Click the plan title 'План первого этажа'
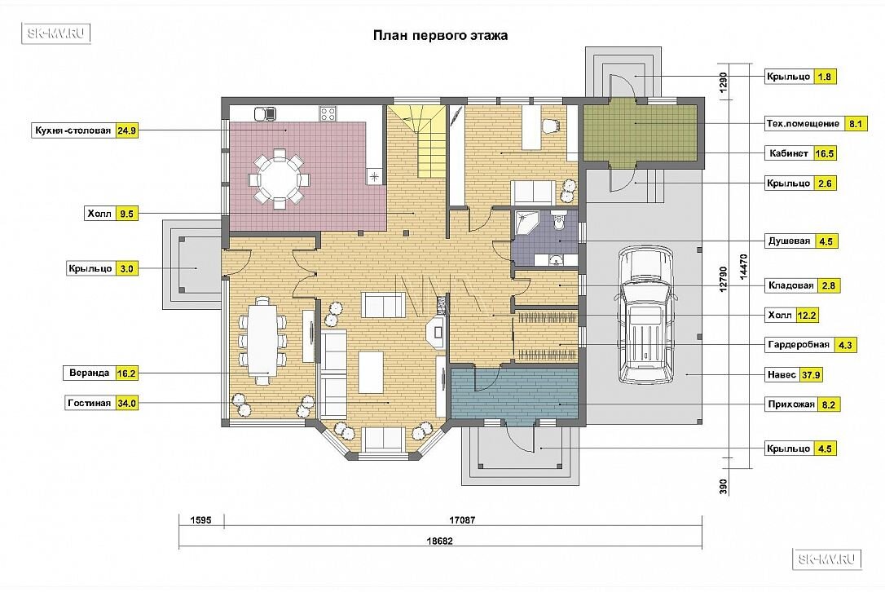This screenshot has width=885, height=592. [440, 36]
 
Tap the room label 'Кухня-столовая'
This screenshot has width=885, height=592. [73, 131]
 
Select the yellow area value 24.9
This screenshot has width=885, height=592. [126, 131]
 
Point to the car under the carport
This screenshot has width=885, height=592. [645, 316]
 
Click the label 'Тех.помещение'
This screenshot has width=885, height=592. [803, 124]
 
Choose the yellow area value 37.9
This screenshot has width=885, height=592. [811, 375]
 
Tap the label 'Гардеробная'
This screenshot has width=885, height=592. [799, 345]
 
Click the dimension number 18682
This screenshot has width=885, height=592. [440, 541]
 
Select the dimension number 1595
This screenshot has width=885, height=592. [201, 519]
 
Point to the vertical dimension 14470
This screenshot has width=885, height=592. [742, 267]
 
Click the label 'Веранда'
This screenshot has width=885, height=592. [89, 373]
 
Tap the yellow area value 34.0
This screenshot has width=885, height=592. [126, 404]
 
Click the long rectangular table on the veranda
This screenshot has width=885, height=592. [262, 340]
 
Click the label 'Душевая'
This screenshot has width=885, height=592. [789, 241]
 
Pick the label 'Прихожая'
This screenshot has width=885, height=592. [791, 404]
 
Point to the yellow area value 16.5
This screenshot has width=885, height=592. [825, 153]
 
